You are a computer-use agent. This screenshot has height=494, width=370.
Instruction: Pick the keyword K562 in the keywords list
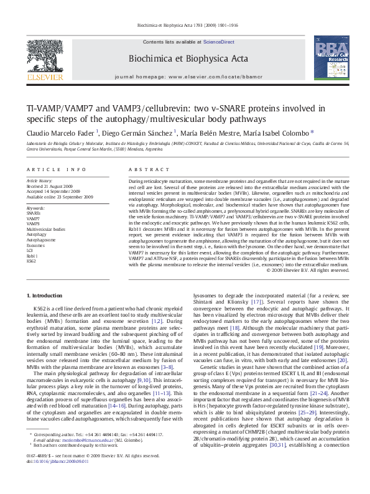31,261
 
